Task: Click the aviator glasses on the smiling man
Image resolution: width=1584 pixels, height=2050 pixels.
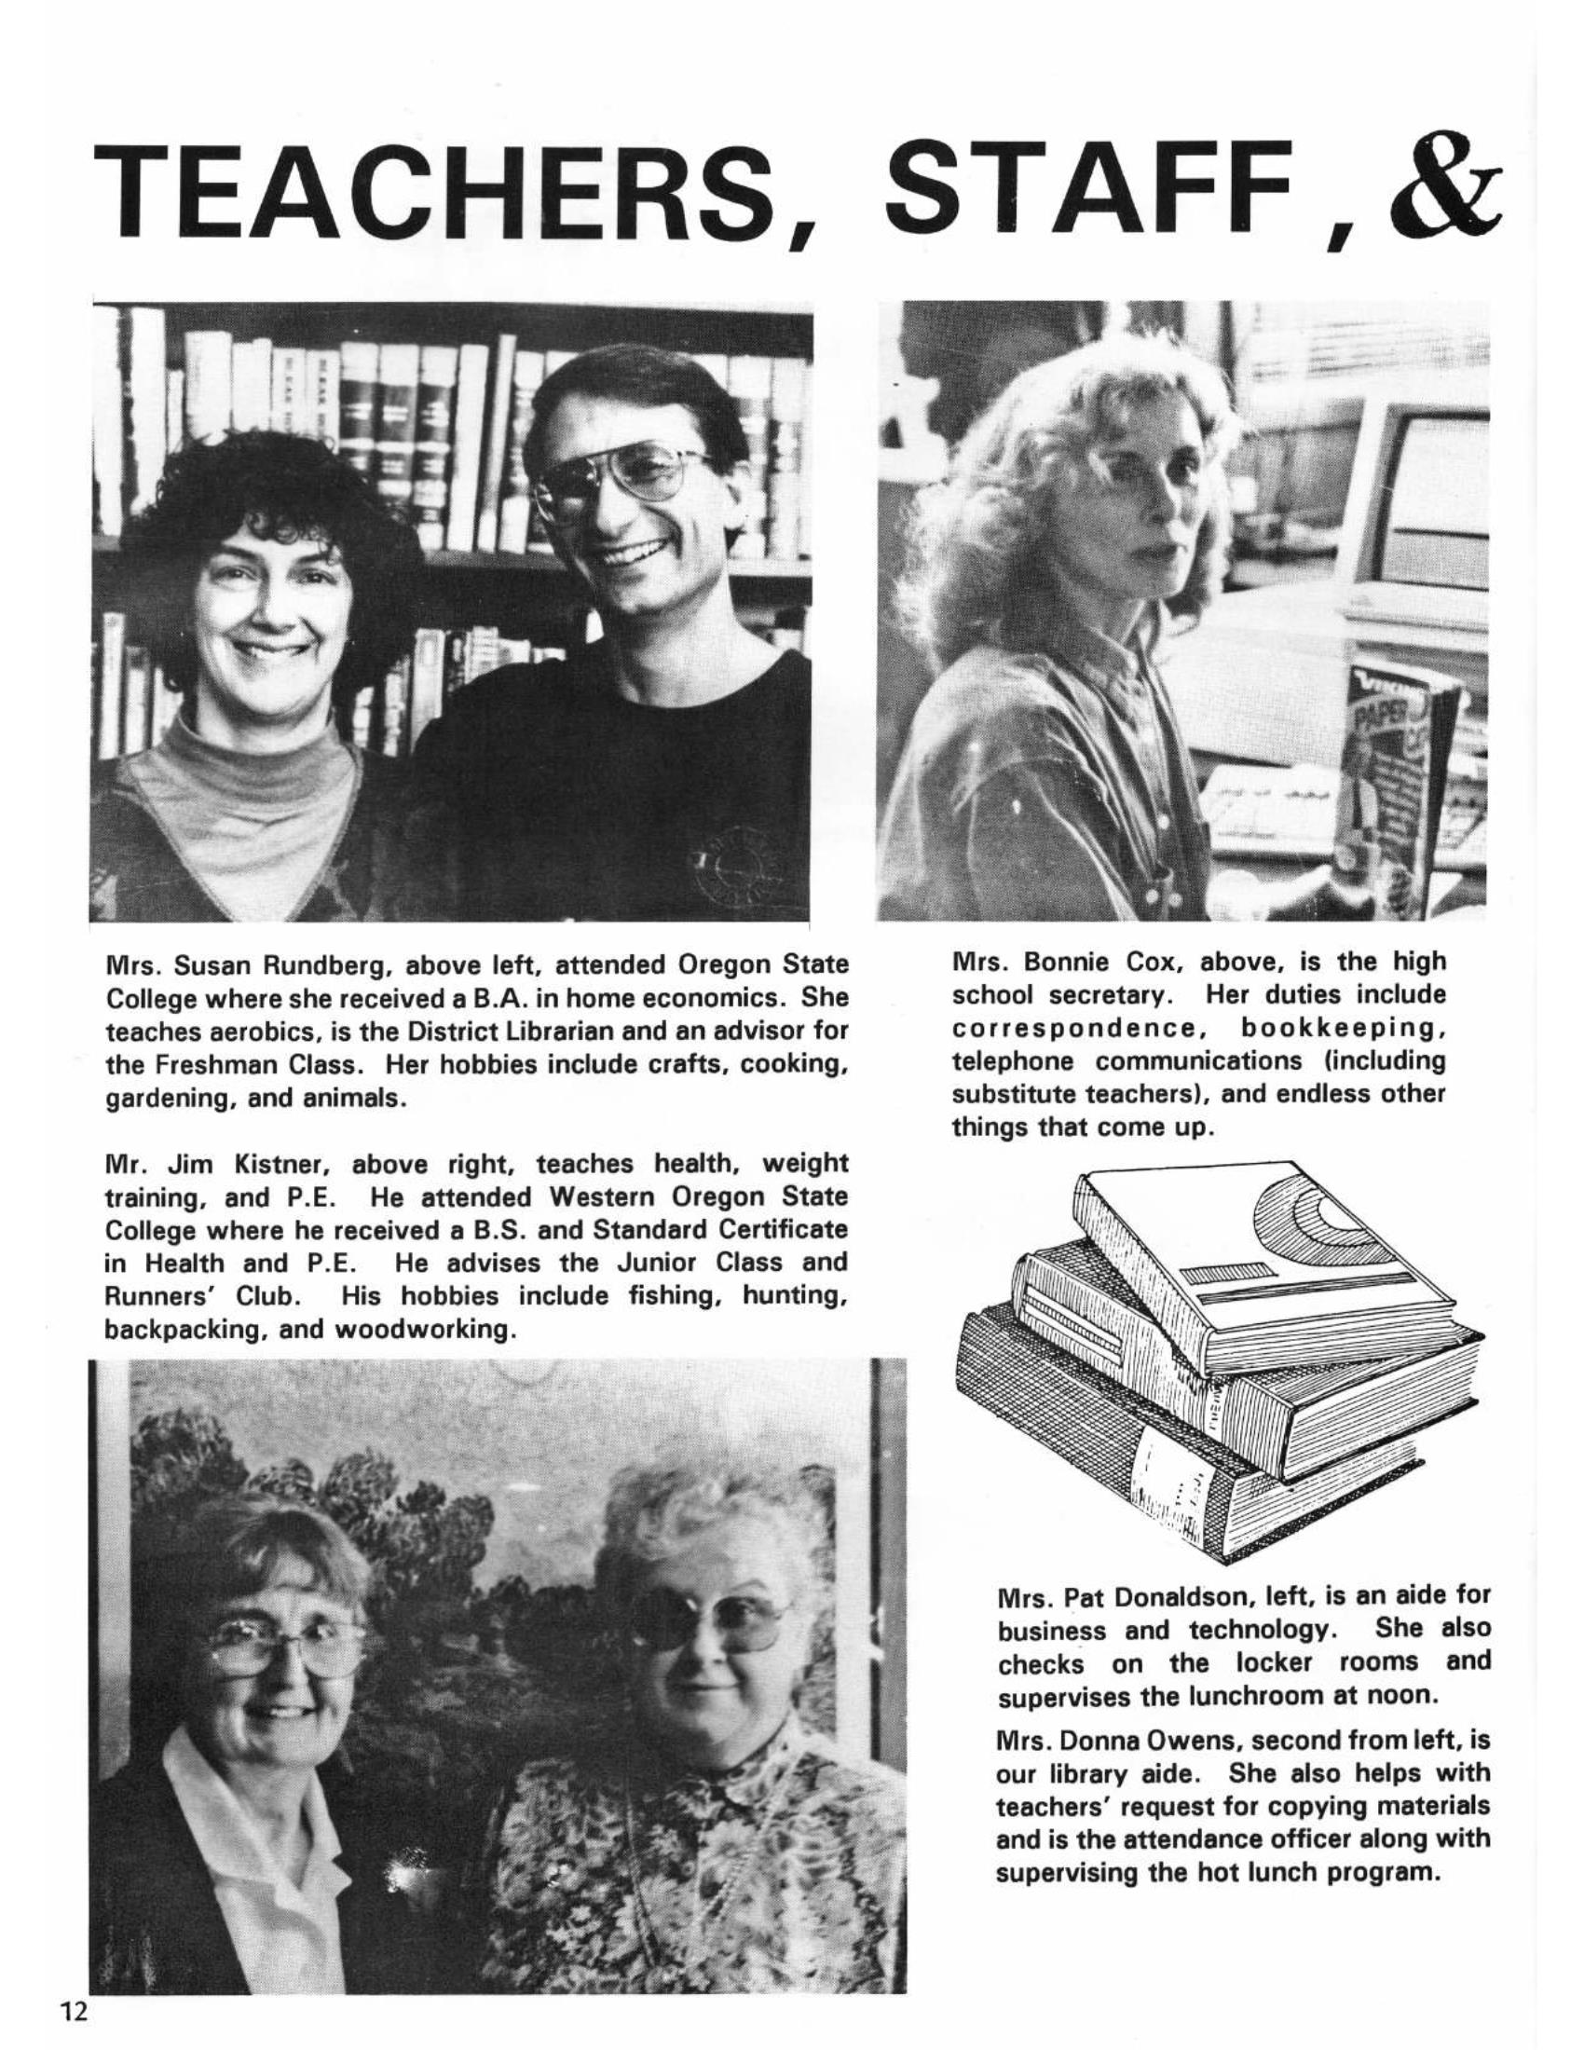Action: click(x=624, y=479)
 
